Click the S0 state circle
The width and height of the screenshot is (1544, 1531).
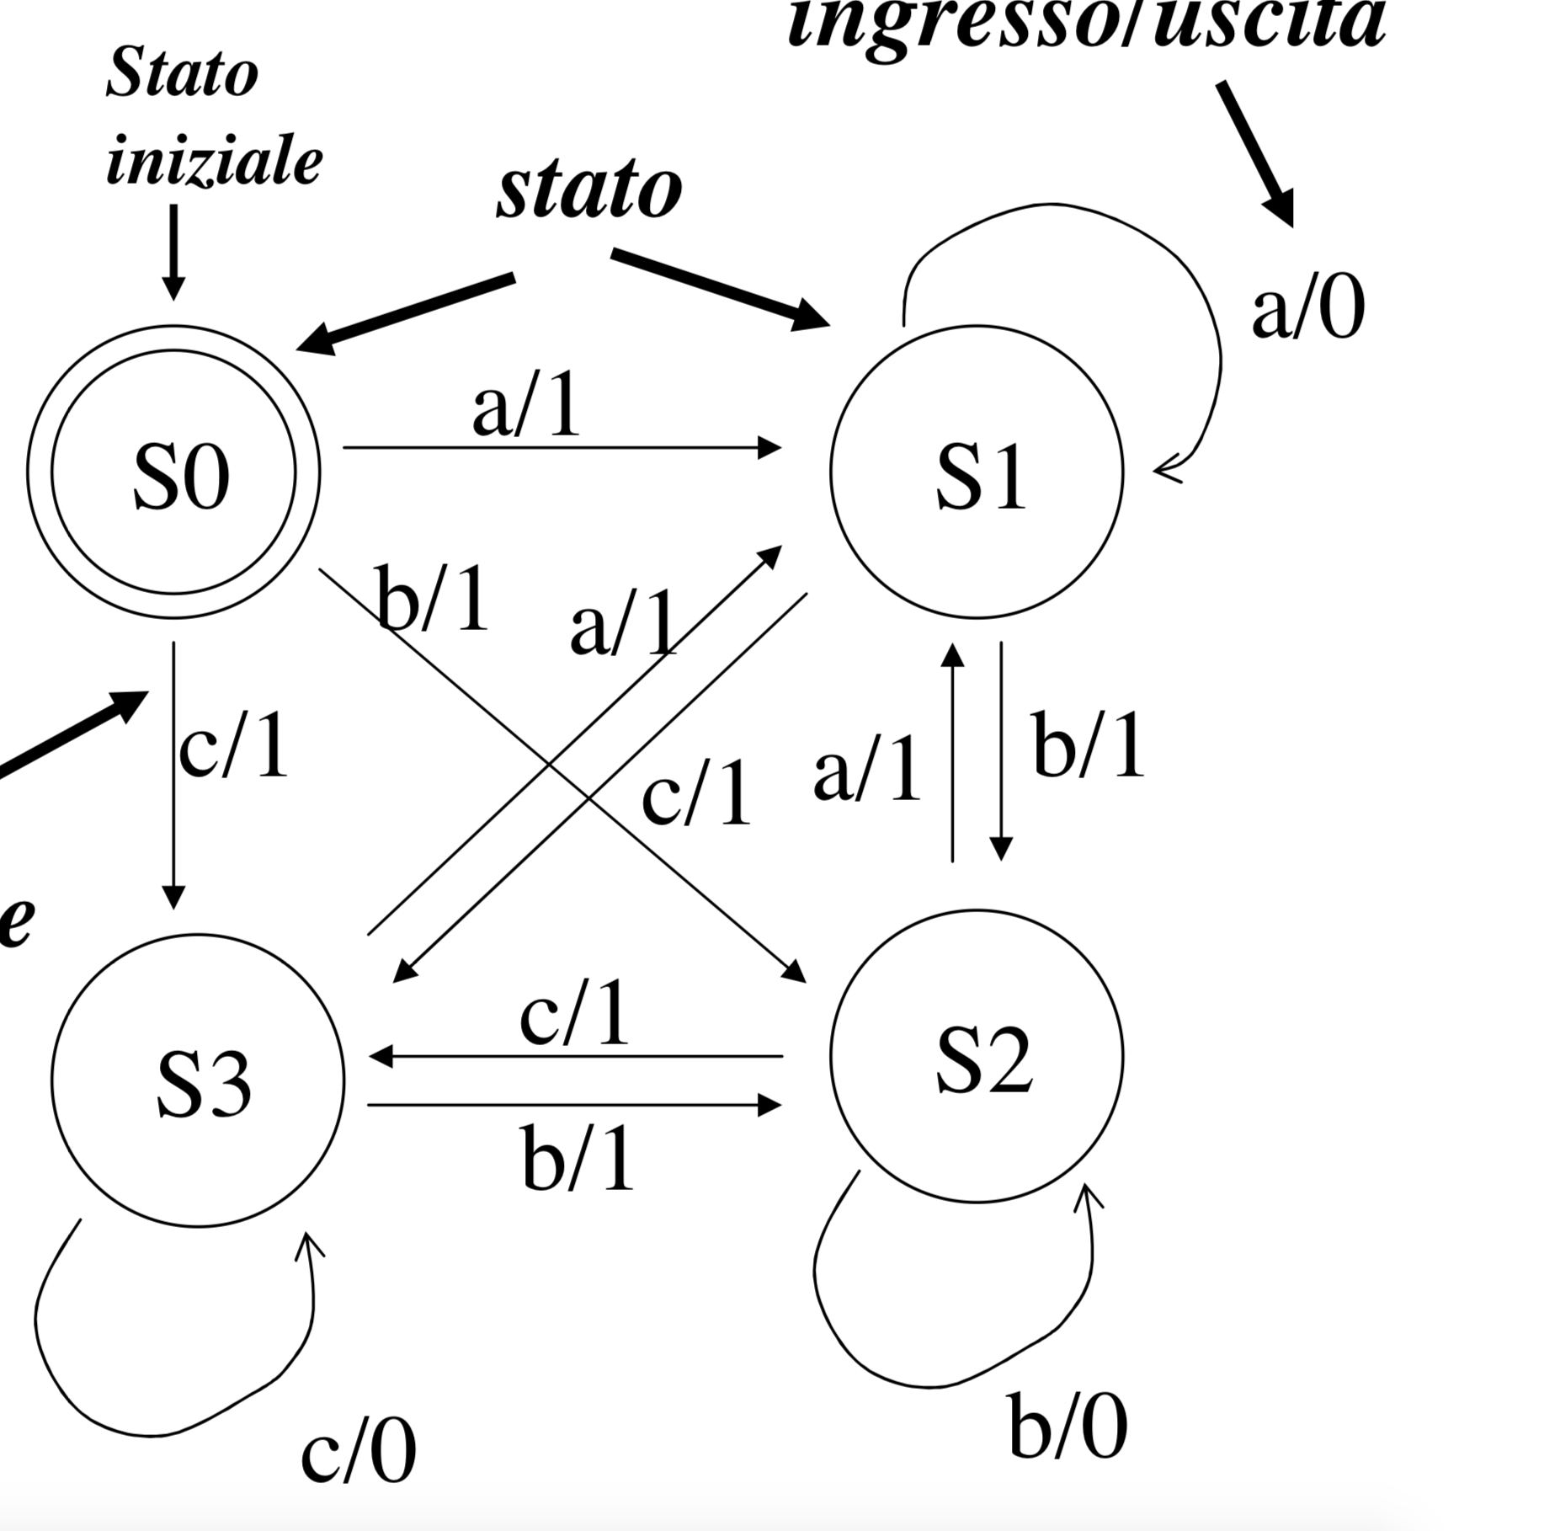[x=173, y=472]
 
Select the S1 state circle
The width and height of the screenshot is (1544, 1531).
[x=977, y=472]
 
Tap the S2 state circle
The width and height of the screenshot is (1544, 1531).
[x=977, y=1056]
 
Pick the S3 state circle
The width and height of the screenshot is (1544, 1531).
[x=198, y=1080]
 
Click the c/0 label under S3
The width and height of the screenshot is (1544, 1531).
[x=359, y=1450]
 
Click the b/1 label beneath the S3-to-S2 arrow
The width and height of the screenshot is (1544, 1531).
[x=578, y=1159]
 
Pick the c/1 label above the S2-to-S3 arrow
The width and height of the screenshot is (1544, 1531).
[x=574, y=1014]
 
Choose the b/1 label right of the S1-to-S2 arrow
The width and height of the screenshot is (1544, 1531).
[x=1089, y=746]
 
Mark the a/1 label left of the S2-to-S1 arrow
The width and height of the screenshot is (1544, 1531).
[x=867, y=768]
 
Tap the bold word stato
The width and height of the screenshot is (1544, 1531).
[x=589, y=190]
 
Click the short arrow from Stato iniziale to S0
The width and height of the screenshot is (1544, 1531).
[x=173, y=253]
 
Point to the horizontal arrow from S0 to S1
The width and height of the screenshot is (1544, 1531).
[x=562, y=448]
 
